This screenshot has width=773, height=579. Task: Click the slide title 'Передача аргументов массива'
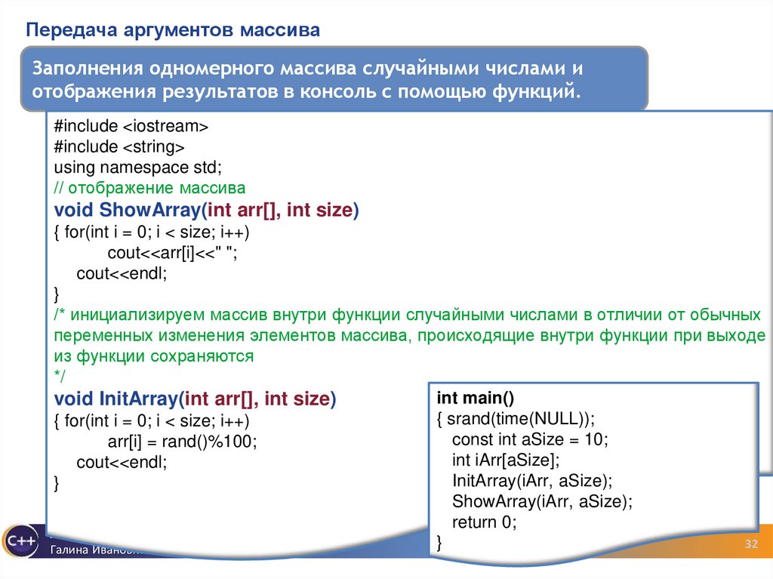click(174, 31)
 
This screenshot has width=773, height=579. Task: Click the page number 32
click(751, 545)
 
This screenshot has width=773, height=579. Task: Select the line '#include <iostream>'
click(131, 125)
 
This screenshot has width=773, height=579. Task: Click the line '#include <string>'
click(119, 146)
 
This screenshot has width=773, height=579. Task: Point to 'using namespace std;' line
click(137, 166)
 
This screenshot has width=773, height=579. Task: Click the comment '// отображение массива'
click(149, 187)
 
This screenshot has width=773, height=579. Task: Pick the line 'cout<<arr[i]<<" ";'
click(178, 253)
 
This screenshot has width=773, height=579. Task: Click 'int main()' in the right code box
click(476, 398)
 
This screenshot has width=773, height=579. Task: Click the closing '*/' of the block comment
click(60, 376)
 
